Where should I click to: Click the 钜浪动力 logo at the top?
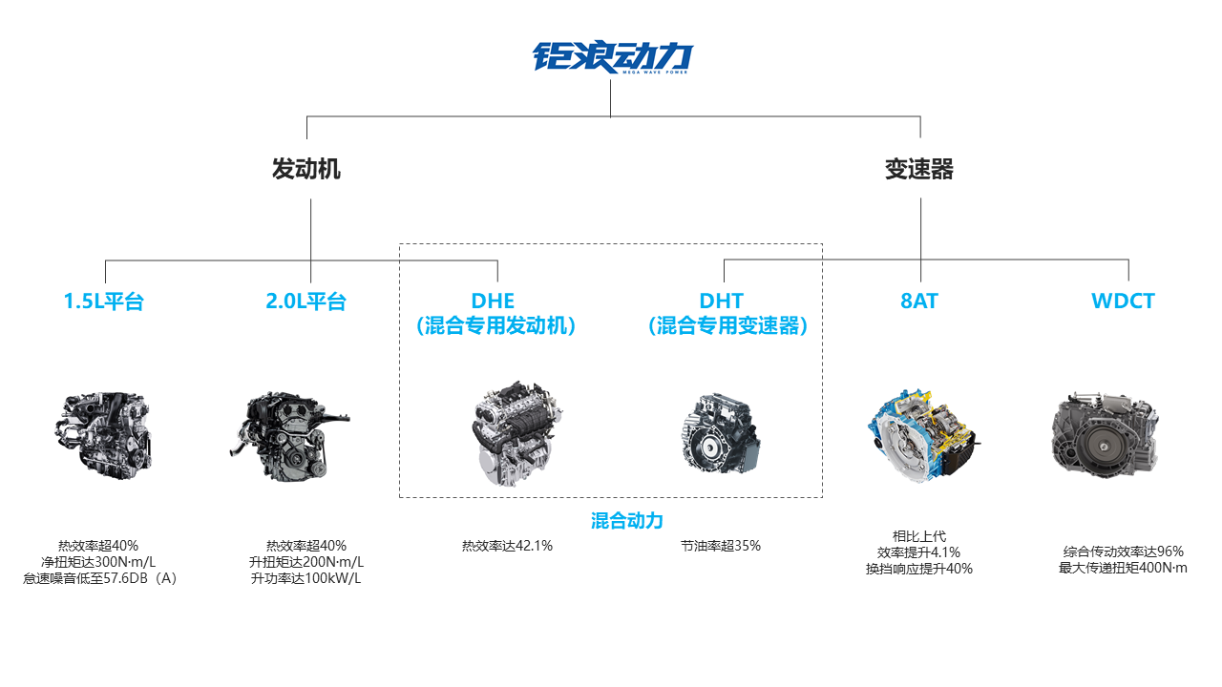612,56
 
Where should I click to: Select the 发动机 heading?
306,169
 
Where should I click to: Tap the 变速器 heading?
919,169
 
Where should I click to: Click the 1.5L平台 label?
104,301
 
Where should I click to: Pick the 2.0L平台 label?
306,301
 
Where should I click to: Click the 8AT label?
919,301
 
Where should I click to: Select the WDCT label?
1123,301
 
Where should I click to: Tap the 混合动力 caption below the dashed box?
627,521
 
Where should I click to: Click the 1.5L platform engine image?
104,435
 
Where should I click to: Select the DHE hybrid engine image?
516,433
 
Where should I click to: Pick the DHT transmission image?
720,433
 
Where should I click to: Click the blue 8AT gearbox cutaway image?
923,434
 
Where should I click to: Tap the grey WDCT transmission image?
1106,434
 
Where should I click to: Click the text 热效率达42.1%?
507,546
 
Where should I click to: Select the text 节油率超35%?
721,546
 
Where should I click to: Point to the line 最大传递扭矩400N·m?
1123,568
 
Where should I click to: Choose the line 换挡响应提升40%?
919,569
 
